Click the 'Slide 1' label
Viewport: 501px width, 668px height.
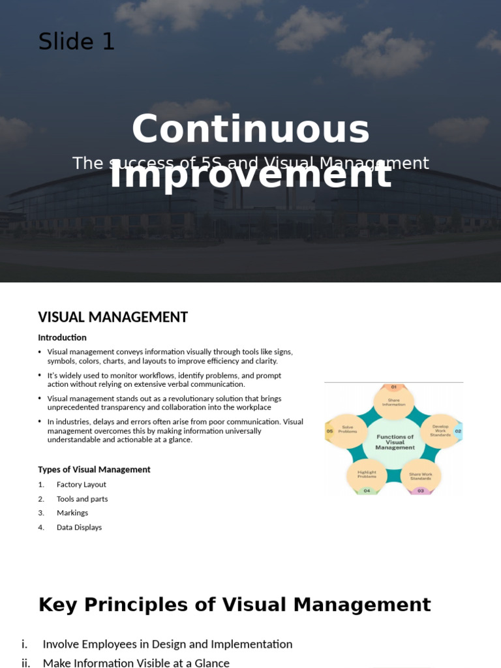tap(76, 42)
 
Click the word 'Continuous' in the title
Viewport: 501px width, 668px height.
tap(250, 129)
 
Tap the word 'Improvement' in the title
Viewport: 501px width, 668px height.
tap(250, 175)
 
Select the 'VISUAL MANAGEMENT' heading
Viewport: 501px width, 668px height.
tap(113, 317)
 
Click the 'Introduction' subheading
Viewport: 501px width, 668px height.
tap(62, 337)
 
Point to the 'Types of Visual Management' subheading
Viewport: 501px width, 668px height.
tap(94, 469)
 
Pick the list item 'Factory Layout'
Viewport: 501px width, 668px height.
tap(81, 484)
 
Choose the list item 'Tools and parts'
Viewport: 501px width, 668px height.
tap(82, 498)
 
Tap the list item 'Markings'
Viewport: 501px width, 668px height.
tap(72, 513)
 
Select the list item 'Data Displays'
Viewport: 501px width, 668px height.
tap(79, 527)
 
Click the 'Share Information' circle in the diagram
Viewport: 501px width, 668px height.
tap(393, 402)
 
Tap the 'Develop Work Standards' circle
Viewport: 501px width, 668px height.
tap(440, 431)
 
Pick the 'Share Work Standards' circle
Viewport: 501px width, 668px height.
tap(420, 476)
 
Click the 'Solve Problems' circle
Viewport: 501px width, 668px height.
tap(348, 430)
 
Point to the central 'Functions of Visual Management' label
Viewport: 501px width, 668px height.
tap(395, 442)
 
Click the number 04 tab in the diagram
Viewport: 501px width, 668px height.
tap(367, 491)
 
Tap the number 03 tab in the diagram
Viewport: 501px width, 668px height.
tap(420, 491)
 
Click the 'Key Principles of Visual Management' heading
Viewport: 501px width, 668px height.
tap(235, 605)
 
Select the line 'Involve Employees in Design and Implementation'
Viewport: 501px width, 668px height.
tap(167, 644)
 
